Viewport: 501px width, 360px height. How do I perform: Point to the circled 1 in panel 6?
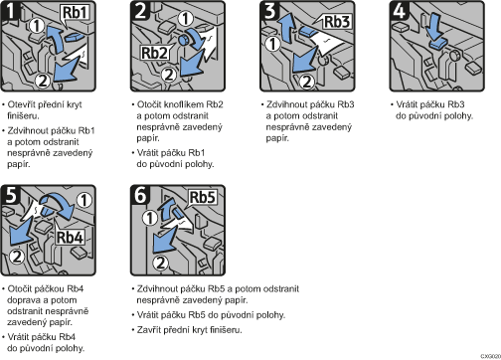pyautogui.click(x=149, y=218)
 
